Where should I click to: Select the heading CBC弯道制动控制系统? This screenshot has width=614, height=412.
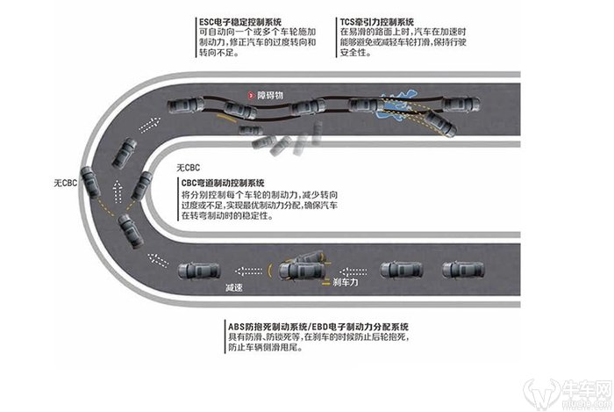(227, 180)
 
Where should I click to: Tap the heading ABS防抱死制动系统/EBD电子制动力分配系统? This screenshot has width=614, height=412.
(324, 326)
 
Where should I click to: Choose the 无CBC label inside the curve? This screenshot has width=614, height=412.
(189, 167)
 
